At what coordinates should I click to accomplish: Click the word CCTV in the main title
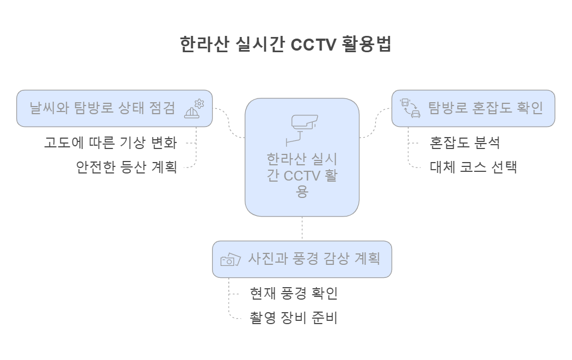(314, 45)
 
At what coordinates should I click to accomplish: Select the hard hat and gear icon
(194, 108)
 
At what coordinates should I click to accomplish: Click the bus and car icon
(411, 108)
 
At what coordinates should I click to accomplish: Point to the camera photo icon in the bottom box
(231, 259)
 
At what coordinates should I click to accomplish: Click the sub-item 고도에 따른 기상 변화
(110, 143)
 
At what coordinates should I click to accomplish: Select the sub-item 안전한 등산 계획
(127, 167)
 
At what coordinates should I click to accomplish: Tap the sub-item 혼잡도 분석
(465, 143)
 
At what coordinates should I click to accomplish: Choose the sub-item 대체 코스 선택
(473, 167)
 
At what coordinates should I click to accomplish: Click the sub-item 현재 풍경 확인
(294, 294)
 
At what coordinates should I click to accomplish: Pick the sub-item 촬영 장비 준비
(294, 318)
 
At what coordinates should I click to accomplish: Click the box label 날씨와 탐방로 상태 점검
(103, 108)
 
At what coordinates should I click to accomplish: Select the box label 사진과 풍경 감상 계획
(314, 259)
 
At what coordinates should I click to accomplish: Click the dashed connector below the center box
(302, 228)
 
